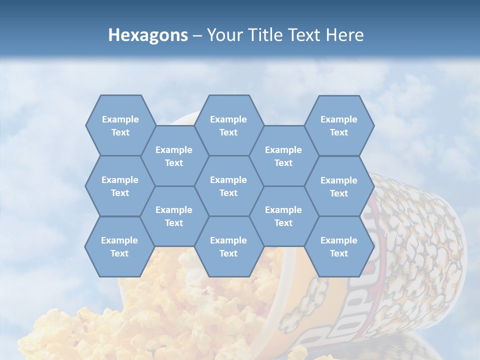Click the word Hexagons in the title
[148, 35]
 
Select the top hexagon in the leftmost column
[120, 125]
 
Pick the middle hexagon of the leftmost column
[120, 186]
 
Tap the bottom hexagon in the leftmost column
[119, 246]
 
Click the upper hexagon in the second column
[174, 156]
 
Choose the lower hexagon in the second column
[174, 216]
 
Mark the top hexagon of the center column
[228, 125]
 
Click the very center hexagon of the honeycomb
[228, 186]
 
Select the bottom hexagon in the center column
[228, 246]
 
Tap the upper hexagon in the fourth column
[283, 156]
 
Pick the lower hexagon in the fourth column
[283, 216]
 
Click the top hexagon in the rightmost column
[339, 125]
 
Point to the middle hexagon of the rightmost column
[339, 186]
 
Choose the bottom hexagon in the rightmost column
[339, 246]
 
